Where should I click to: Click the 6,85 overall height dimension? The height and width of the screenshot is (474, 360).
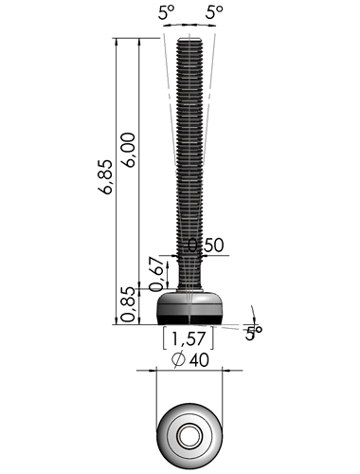105,177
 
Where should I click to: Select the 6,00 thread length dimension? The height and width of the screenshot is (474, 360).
128,150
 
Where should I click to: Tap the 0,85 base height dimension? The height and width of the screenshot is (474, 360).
129,304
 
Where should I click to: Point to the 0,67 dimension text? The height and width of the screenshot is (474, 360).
156,274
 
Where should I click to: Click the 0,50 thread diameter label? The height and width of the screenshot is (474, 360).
207,246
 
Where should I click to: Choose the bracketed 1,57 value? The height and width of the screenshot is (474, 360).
189,338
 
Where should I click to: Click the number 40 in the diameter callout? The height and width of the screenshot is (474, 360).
199,360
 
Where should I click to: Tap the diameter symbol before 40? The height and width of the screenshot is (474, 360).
178,359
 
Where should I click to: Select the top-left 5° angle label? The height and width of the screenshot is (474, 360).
167,13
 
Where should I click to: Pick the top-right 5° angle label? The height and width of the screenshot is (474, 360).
214,13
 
